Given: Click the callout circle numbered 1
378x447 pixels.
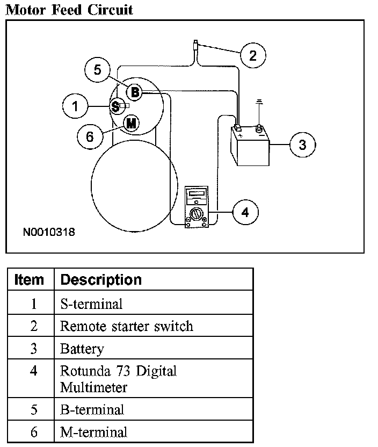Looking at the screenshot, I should (75, 107).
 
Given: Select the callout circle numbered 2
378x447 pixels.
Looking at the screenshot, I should (253, 55).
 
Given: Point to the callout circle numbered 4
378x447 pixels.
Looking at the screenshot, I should (245, 213).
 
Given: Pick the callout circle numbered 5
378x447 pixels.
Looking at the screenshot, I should (97, 70).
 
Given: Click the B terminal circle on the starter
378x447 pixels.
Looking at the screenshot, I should (135, 93).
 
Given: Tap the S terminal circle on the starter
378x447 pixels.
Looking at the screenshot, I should (115, 107).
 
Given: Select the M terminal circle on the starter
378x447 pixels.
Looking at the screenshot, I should (131, 123).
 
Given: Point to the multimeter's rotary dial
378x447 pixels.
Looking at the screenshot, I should (196, 216).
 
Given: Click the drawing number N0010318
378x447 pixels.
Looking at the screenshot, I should (49, 233).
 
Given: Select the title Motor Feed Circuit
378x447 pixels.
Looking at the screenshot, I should (69, 9).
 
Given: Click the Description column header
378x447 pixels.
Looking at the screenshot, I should (101, 280).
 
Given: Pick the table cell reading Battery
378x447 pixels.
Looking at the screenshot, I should (82, 349).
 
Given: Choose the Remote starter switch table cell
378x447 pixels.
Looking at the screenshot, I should (127, 326).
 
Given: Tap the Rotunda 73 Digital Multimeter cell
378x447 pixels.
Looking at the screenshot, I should (118, 379).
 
